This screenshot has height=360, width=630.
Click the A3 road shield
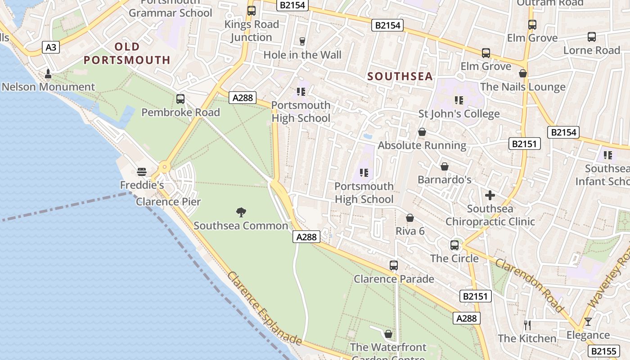[51, 47]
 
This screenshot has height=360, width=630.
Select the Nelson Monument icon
[48, 73]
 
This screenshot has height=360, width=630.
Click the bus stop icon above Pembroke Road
[180, 99]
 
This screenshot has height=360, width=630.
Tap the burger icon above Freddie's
[142, 171]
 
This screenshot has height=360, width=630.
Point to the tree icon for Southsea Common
[241, 212]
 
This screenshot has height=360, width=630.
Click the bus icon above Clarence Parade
[394, 265]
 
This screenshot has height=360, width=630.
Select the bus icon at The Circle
[454, 245]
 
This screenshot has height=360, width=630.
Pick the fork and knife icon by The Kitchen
[527, 324]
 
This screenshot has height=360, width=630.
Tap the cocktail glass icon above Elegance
[588, 322]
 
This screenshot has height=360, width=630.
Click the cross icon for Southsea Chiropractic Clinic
[490, 195]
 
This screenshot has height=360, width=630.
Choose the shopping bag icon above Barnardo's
[445, 166]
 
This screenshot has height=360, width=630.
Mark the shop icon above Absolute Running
[422, 132]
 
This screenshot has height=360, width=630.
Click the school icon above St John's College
[459, 100]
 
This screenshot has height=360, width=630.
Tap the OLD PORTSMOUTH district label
[127, 53]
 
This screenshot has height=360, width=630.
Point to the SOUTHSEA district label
[400, 76]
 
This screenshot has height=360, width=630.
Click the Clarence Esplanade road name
[264, 308]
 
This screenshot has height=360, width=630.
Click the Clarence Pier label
[168, 202]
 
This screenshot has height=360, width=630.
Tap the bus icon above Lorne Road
[592, 37]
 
